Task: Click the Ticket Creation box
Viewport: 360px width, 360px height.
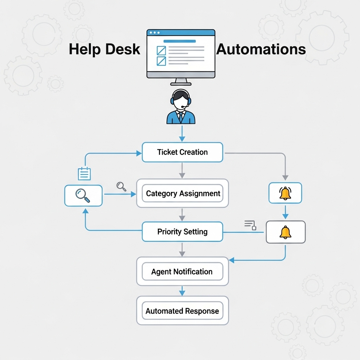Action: coord(182,152)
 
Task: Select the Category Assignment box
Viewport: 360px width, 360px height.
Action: coord(182,193)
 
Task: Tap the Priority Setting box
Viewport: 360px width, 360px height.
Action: coord(182,232)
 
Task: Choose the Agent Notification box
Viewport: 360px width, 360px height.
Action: coord(182,271)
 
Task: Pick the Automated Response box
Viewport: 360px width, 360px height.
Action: coord(182,311)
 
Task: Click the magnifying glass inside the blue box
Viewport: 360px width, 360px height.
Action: coord(83,195)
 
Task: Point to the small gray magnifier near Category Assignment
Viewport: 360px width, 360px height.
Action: coord(121,186)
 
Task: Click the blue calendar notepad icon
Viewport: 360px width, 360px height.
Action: coord(84,174)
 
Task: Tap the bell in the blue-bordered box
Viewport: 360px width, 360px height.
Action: coord(285,193)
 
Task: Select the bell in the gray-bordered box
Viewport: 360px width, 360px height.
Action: coord(285,232)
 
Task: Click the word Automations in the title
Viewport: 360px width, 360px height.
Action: coord(261,49)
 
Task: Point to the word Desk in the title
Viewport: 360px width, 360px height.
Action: coord(123,49)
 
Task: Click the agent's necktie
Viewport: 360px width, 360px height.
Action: coord(181,116)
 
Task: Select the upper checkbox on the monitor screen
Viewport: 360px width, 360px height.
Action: coord(161,50)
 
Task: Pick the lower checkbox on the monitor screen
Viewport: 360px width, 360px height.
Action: coord(161,61)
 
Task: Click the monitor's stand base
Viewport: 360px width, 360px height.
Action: coord(181,84)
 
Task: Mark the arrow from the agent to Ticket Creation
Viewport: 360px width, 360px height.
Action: coord(182,134)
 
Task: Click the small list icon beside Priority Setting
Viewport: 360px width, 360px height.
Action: coord(250,225)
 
